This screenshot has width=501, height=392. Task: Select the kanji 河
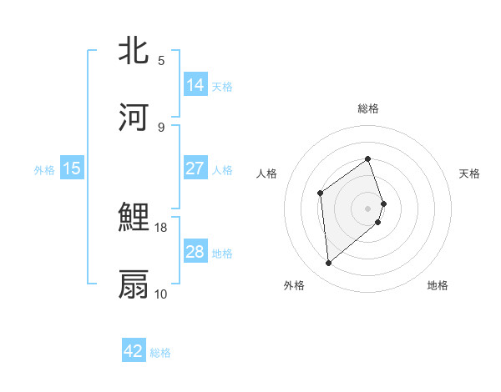(x=133, y=117)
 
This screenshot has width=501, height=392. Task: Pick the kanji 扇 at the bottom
(x=133, y=284)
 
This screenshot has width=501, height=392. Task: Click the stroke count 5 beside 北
(x=161, y=61)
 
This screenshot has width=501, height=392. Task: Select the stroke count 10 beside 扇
(x=161, y=294)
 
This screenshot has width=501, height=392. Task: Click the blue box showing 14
(x=195, y=84)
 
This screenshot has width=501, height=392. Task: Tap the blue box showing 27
(x=195, y=168)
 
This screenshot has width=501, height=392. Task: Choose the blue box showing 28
(x=195, y=252)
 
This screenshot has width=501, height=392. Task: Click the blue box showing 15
(x=72, y=168)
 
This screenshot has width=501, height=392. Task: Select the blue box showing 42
(x=134, y=351)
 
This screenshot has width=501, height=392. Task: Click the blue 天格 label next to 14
(x=222, y=86)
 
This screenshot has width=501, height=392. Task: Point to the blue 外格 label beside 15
(x=44, y=169)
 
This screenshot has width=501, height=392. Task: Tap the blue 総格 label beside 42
(x=161, y=353)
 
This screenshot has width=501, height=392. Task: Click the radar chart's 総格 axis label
(x=368, y=108)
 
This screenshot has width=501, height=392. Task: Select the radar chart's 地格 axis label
(x=438, y=285)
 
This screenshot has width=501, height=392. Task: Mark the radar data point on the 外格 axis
(x=329, y=264)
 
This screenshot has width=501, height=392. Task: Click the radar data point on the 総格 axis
(x=368, y=158)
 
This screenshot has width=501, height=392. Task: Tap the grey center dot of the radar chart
(x=368, y=208)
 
